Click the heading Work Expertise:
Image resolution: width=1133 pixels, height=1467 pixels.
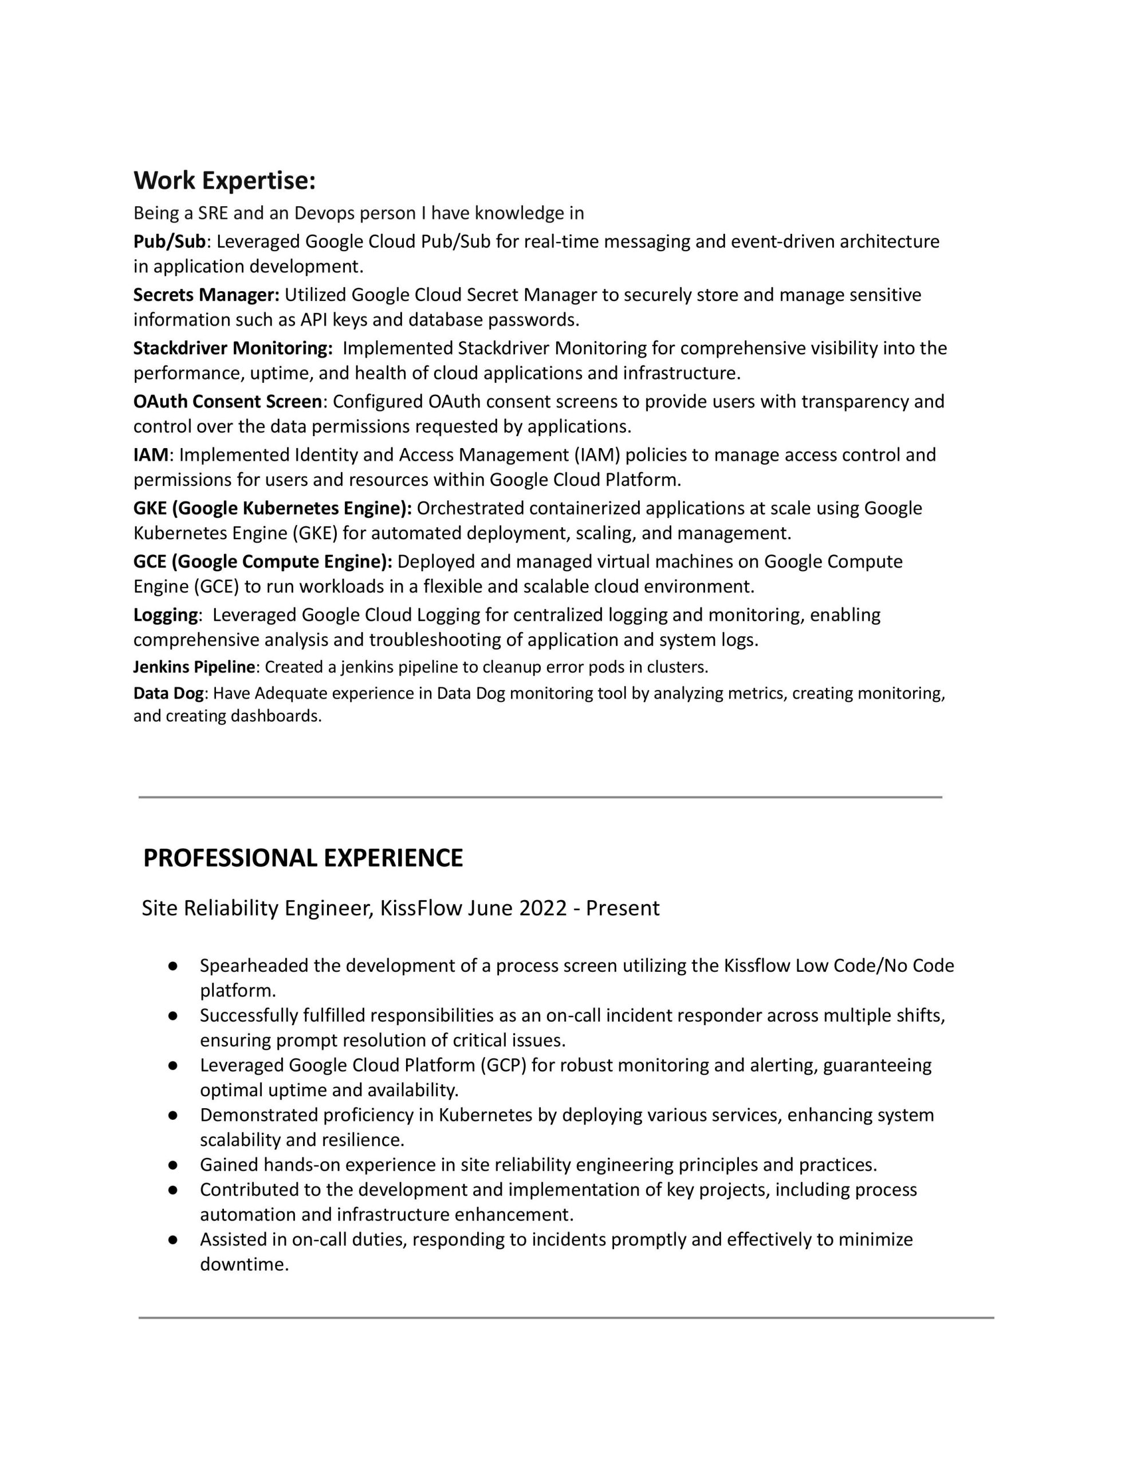(x=225, y=181)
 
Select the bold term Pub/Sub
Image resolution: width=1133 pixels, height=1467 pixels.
(x=169, y=241)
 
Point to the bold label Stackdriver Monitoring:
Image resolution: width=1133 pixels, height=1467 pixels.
(x=233, y=348)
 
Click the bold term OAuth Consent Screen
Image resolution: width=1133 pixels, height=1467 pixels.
(x=227, y=401)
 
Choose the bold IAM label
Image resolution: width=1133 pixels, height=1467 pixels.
(x=151, y=455)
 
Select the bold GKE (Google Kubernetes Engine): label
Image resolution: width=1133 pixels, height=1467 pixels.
(x=272, y=508)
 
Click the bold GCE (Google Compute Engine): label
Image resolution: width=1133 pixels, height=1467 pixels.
(x=262, y=561)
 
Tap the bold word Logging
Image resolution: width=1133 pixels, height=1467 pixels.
(x=165, y=615)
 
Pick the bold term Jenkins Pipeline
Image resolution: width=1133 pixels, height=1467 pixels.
(x=194, y=667)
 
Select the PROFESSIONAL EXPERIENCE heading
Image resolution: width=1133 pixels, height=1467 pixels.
(x=303, y=858)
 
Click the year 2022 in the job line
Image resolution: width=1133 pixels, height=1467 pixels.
(x=542, y=908)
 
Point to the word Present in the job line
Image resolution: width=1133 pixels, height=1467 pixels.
(x=623, y=908)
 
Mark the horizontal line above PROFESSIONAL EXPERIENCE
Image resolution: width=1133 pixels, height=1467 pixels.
(x=540, y=797)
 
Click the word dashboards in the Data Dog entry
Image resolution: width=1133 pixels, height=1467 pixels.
(x=276, y=716)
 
